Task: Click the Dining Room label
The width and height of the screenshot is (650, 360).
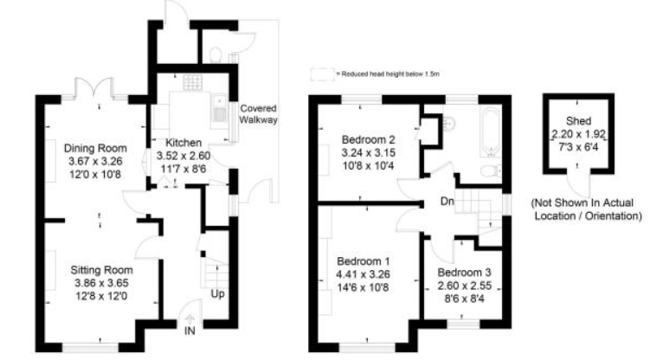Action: coord(96,148)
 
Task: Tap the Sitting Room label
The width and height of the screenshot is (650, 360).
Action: coord(102,269)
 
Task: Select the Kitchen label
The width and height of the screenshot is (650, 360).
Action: coord(183,143)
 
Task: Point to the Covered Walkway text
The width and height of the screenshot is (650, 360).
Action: coord(259,115)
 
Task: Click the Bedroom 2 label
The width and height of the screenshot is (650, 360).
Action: coord(368,139)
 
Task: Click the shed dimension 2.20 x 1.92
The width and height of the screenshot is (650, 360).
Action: coord(578,134)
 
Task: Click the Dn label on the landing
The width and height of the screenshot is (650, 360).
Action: coord(447,202)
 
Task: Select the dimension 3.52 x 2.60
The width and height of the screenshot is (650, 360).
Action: coord(183,156)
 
